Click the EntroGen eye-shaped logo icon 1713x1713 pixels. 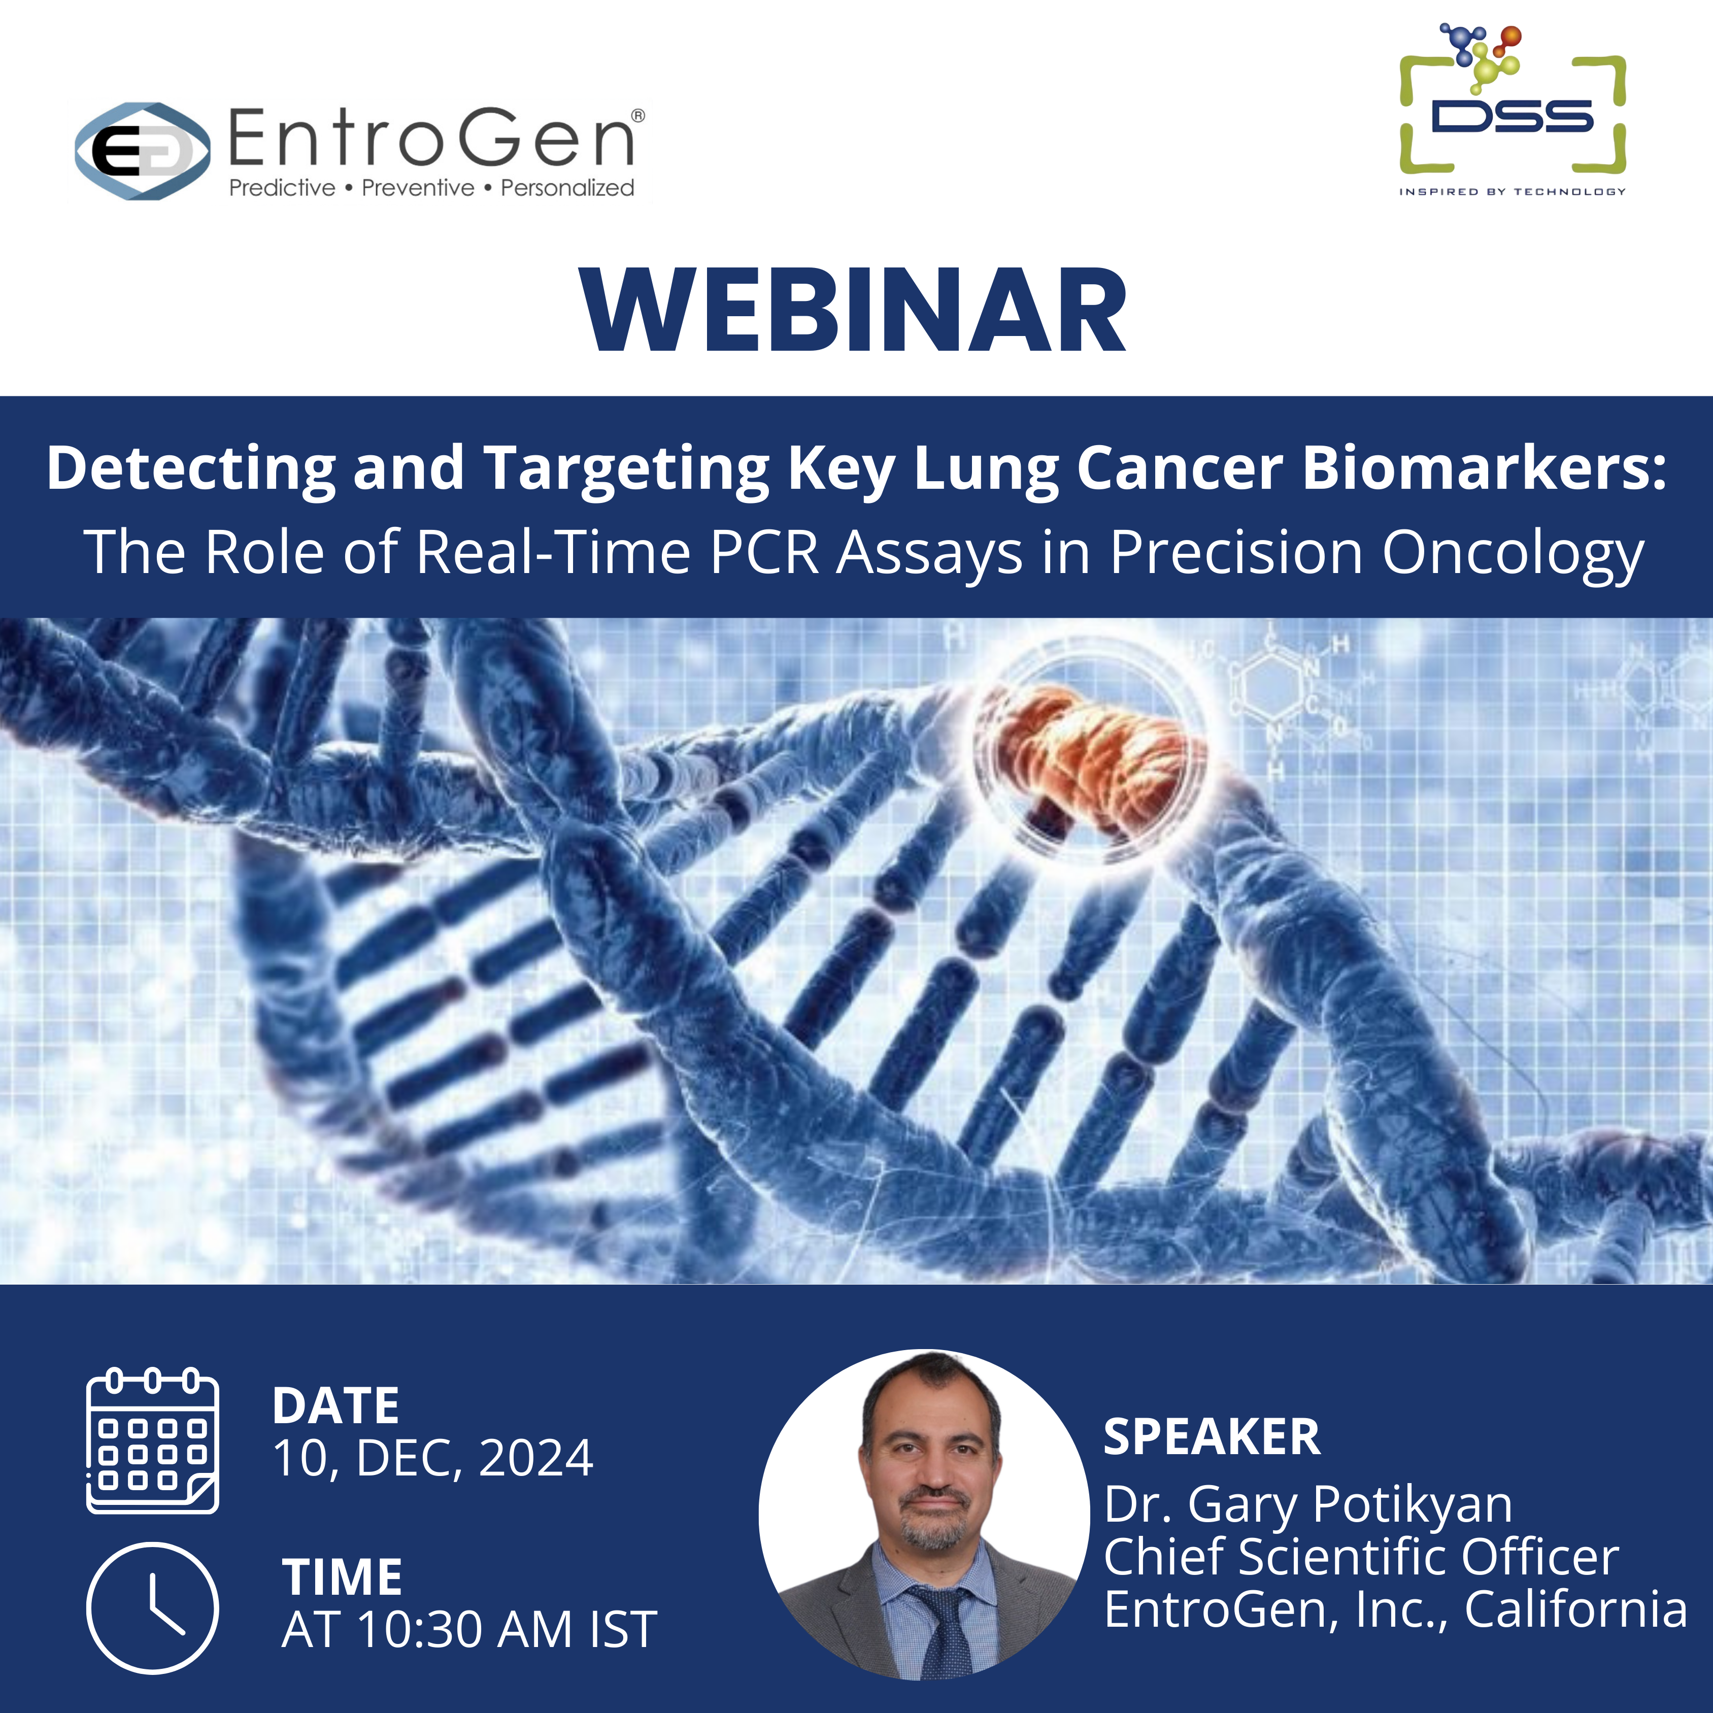click(143, 151)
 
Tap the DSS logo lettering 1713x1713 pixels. click(1513, 116)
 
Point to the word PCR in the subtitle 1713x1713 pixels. click(764, 552)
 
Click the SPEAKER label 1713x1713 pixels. click(1212, 1436)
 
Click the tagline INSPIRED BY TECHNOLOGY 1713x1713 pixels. click(1513, 191)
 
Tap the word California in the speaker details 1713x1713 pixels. click(1575, 1609)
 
